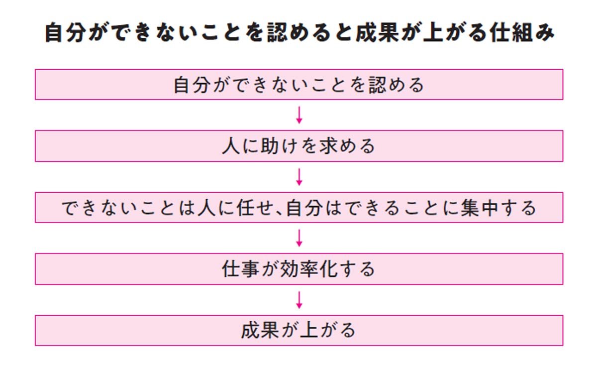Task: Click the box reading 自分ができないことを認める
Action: coord(298,85)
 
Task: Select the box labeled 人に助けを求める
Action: coord(298,146)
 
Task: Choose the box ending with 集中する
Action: coord(298,207)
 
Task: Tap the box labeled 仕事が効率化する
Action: coord(298,269)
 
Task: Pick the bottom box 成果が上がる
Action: coord(298,330)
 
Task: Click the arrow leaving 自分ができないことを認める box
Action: coord(299,115)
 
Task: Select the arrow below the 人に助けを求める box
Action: coord(299,177)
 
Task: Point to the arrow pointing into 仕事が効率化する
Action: coord(299,238)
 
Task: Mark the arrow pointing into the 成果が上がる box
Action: coord(299,300)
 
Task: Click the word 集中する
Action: coord(498,208)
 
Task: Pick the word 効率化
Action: coord(308,269)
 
